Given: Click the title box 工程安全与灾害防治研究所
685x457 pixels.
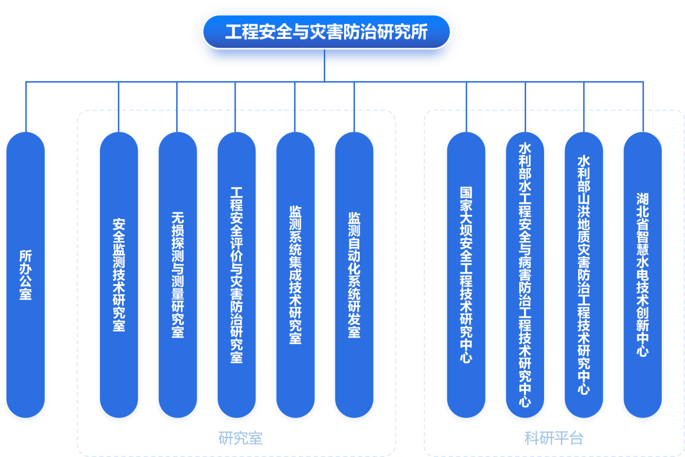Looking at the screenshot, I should pyautogui.click(x=326, y=32).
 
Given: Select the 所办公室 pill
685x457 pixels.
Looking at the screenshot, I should pyautogui.click(x=25, y=275).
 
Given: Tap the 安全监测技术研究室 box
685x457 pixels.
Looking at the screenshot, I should pyautogui.click(x=119, y=275).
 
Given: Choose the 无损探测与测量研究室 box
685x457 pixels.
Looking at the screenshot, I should pyautogui.click(x=177, y=275).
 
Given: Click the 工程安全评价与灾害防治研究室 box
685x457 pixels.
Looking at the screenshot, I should pyautogui.click(x=236, y=275).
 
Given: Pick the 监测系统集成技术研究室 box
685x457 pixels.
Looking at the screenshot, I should pyautogui.click(x=295, y=275).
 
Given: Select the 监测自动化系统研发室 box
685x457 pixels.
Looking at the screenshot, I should pyautogui.click(x=354, y=275).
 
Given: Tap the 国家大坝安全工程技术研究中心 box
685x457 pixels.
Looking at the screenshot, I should pyautogui.click(x=466, y=275).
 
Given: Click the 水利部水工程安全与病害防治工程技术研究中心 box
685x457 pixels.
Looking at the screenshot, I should pyautogui.click(x=525, y=275).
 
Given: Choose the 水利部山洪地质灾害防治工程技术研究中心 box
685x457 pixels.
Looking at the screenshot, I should pyautogui.click(x=584, y=275).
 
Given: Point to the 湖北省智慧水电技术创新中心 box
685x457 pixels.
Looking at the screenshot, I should pyautogui.click(x=642, y=275).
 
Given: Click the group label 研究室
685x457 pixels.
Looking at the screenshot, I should pyautogui.click(x=240, y=438).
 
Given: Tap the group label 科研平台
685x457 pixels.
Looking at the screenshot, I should pyautogui.click(x=554, y=438).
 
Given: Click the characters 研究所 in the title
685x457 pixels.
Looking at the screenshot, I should pyautogui.click(x=407, y=32).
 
